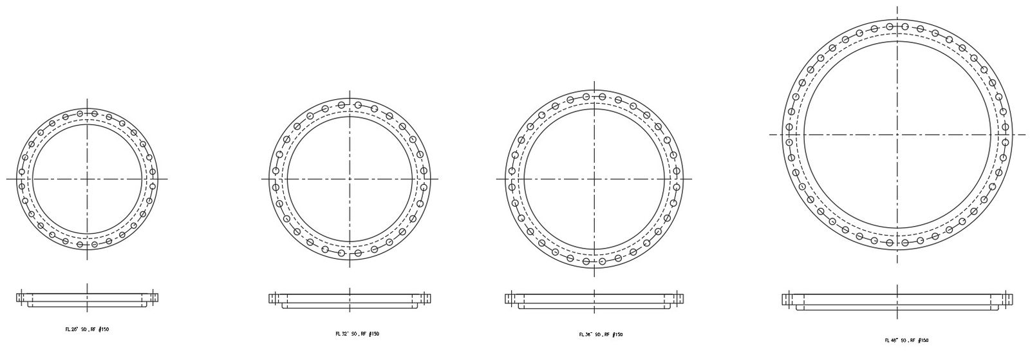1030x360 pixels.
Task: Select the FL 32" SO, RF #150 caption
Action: (x=357, y=334)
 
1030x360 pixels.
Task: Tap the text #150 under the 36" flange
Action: (x=616, y=334)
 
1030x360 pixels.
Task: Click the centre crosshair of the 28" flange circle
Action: (x=87, y=178)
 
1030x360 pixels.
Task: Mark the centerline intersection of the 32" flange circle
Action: (x=350, y=178)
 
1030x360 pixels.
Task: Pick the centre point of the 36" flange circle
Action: (x=594, y=178)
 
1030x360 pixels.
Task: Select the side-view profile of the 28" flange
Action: (x=87, y=298)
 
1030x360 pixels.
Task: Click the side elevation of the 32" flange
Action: (x=350, y=299)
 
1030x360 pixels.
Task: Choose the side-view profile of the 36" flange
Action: (x=594, y=299)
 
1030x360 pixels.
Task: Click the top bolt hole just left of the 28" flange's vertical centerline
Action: (x=80, y=114)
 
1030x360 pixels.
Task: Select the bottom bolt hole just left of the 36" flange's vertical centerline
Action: (x=586, y=261)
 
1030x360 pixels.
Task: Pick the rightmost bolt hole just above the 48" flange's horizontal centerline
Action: (x=1005, y=127)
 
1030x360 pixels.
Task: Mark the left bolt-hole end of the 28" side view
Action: (x=21, y=297)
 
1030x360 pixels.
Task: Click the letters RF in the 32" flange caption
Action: (x=364, y=334)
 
